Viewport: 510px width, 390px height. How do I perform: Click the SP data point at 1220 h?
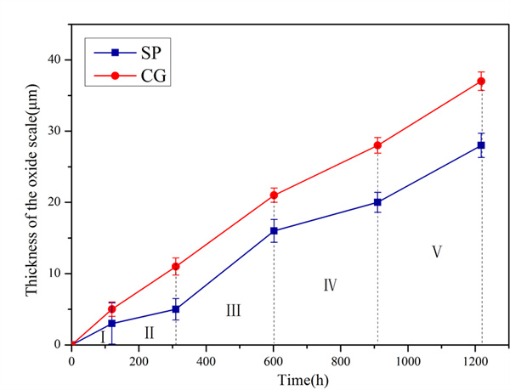click(481, 145)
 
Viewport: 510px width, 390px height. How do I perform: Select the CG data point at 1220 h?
click(481, 82)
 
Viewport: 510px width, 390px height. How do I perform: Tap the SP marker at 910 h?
click(377, 202)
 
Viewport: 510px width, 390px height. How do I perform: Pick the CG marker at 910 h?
click(377, 145)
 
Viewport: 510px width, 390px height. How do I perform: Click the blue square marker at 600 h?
click(274, 231)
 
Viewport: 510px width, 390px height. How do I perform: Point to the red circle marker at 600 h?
click(274, 195)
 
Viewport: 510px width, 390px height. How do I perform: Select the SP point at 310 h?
click(176, 309)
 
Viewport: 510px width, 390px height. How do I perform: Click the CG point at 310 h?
click(176, 267)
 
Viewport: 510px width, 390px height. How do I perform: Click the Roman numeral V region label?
click(436, 252)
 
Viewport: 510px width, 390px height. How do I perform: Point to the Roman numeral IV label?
click(331, 285)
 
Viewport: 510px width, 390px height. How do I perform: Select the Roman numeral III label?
click(233, 311)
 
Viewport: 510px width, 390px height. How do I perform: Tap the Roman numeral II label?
click(149, 332)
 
